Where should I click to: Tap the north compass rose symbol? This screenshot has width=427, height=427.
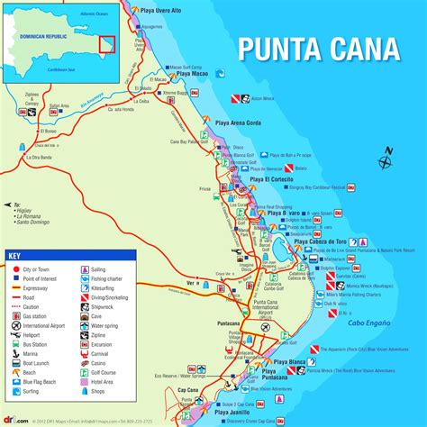386,161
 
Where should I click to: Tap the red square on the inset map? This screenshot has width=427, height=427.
105,44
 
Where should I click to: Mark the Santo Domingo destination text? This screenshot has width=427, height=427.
32,222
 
